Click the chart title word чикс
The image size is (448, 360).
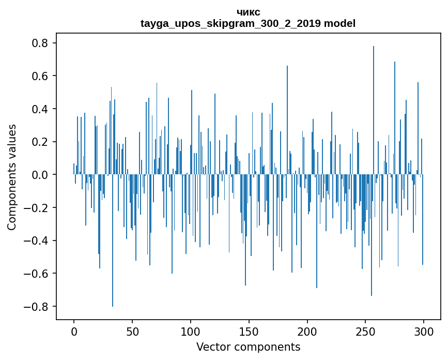[248, 12]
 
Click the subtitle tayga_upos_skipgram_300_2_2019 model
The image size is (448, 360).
[248, 23]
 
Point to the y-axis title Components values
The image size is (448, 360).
[11, 177]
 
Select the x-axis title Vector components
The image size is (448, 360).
[248, 347]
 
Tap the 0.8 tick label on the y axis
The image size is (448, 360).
[40, 43]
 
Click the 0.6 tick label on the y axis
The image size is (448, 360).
[40, 76]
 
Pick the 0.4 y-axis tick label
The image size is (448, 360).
[40, 109]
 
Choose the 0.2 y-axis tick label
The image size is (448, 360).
[40, 142]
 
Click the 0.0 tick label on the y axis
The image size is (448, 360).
[40, 175]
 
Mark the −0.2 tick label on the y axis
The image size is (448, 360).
[37, 208]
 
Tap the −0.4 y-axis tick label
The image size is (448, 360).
[37, 241]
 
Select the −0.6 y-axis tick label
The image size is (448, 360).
[37, 274]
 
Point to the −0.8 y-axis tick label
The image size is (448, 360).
[37, 307]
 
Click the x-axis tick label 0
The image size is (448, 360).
[74, 331]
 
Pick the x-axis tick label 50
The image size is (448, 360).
[132, 331]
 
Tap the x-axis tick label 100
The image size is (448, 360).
[191, 331]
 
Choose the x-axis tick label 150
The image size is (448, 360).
[249, 331]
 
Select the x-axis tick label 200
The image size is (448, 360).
[307, 331]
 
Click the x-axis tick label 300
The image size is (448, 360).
[424, 331]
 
